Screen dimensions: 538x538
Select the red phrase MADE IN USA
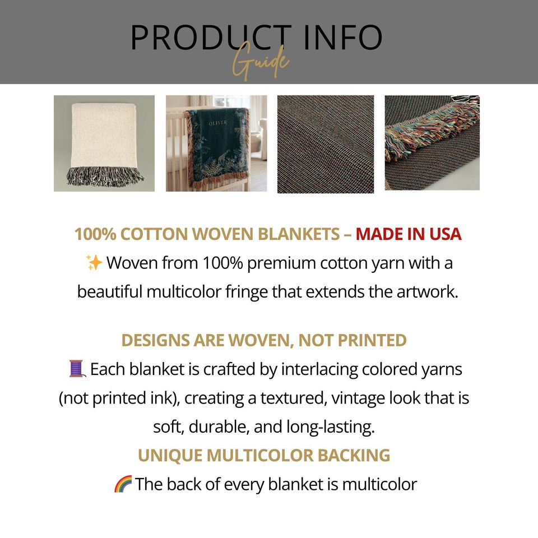pyautogui.click(x=409, y=234)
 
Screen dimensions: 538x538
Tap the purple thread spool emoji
pyautogui.click(x=77, y=369)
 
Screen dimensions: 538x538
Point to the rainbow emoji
pyautogui.click(x=123, y=484)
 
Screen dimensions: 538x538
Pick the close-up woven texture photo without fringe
pyautogui.click(x=326, y=144)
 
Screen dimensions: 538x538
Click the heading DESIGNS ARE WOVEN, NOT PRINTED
pyautogui.click(x=264, y=340)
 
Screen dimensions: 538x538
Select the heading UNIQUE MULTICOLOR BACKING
pyautogui.click(x=264, y=455)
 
